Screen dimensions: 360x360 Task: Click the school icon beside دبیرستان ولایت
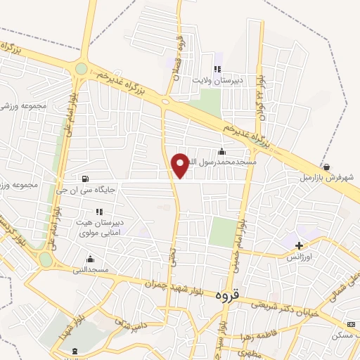(x=217, y=69)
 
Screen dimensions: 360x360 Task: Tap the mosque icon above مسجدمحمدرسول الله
(x=222, y=151)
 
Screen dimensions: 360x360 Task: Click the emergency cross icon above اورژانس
(x=300, y=246)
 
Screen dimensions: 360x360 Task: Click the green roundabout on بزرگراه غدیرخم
(x=82, y=68)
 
